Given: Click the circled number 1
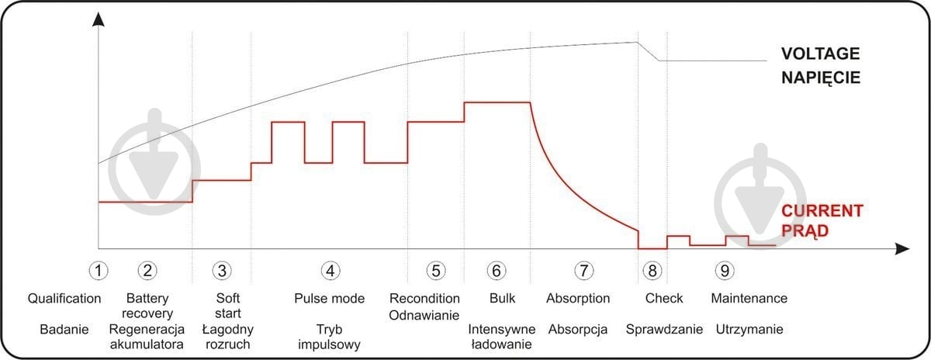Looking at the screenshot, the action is coord(99,271).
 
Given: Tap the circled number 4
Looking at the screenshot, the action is coord(331,271).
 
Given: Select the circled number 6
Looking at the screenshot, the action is coord(497,271).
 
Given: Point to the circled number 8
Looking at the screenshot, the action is coord(652,271).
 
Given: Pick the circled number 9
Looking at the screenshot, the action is coord(725,271).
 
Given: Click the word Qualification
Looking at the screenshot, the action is coord(64,299).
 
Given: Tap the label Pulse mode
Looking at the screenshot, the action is coord(329,299).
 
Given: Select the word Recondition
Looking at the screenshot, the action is coord(424,299).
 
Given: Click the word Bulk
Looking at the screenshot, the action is coord(502,299).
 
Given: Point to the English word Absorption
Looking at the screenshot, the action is coord(578,299).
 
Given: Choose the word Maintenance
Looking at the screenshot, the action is coord(749,299).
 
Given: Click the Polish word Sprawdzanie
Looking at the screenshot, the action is coord(664,329).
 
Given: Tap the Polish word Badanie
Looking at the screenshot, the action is coord(64,329).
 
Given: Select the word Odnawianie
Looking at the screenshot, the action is coord(424,315).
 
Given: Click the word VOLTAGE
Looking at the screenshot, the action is coord(821,54).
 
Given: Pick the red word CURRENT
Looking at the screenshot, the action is coord(822,211).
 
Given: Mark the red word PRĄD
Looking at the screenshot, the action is coord(805,230).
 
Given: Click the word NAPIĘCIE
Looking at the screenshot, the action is coord(821,78).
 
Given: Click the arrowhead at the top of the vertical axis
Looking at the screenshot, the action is coord(98,19).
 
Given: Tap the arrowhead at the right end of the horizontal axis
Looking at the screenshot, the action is coord(902,249).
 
